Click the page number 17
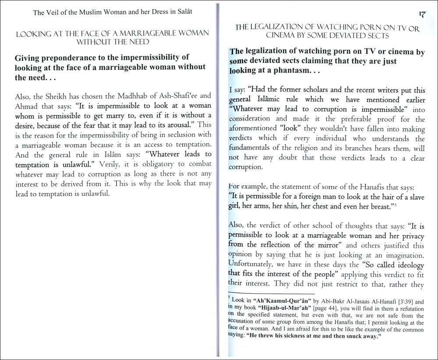click(423, 14)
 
